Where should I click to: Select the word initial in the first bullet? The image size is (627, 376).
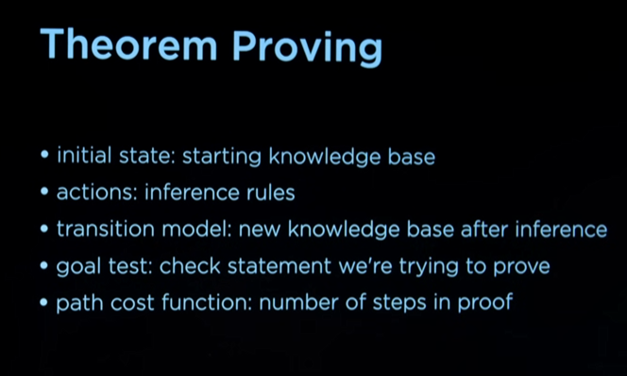[x=82, y=157]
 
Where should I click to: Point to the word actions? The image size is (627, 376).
[x=87, y=193]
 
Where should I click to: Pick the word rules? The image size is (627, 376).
[x=272, y=193]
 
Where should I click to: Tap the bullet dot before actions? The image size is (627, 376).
[x=44, y=194]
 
